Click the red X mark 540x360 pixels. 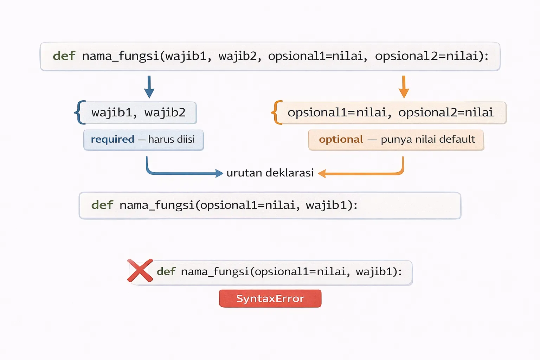(140, 270)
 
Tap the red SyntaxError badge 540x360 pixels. (270, 298)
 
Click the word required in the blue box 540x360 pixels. (112, 140)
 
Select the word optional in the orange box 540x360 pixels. (341, 140)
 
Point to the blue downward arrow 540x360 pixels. (149, 87)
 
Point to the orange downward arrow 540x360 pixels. (404, 87)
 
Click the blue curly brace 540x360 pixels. (80, 112)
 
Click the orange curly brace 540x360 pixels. (277, 112)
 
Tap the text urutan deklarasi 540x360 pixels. (270, 173)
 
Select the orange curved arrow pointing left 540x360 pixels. (362, 173)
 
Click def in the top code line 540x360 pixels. (64, 56)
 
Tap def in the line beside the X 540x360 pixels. (166, 271)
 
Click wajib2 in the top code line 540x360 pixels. (238, 56)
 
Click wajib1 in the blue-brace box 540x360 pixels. (111, 112)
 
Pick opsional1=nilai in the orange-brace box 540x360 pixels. (337, 112)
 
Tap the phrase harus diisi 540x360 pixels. (171, 140)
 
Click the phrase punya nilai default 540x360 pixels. (428, 140)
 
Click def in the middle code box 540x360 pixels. (102, 205)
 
